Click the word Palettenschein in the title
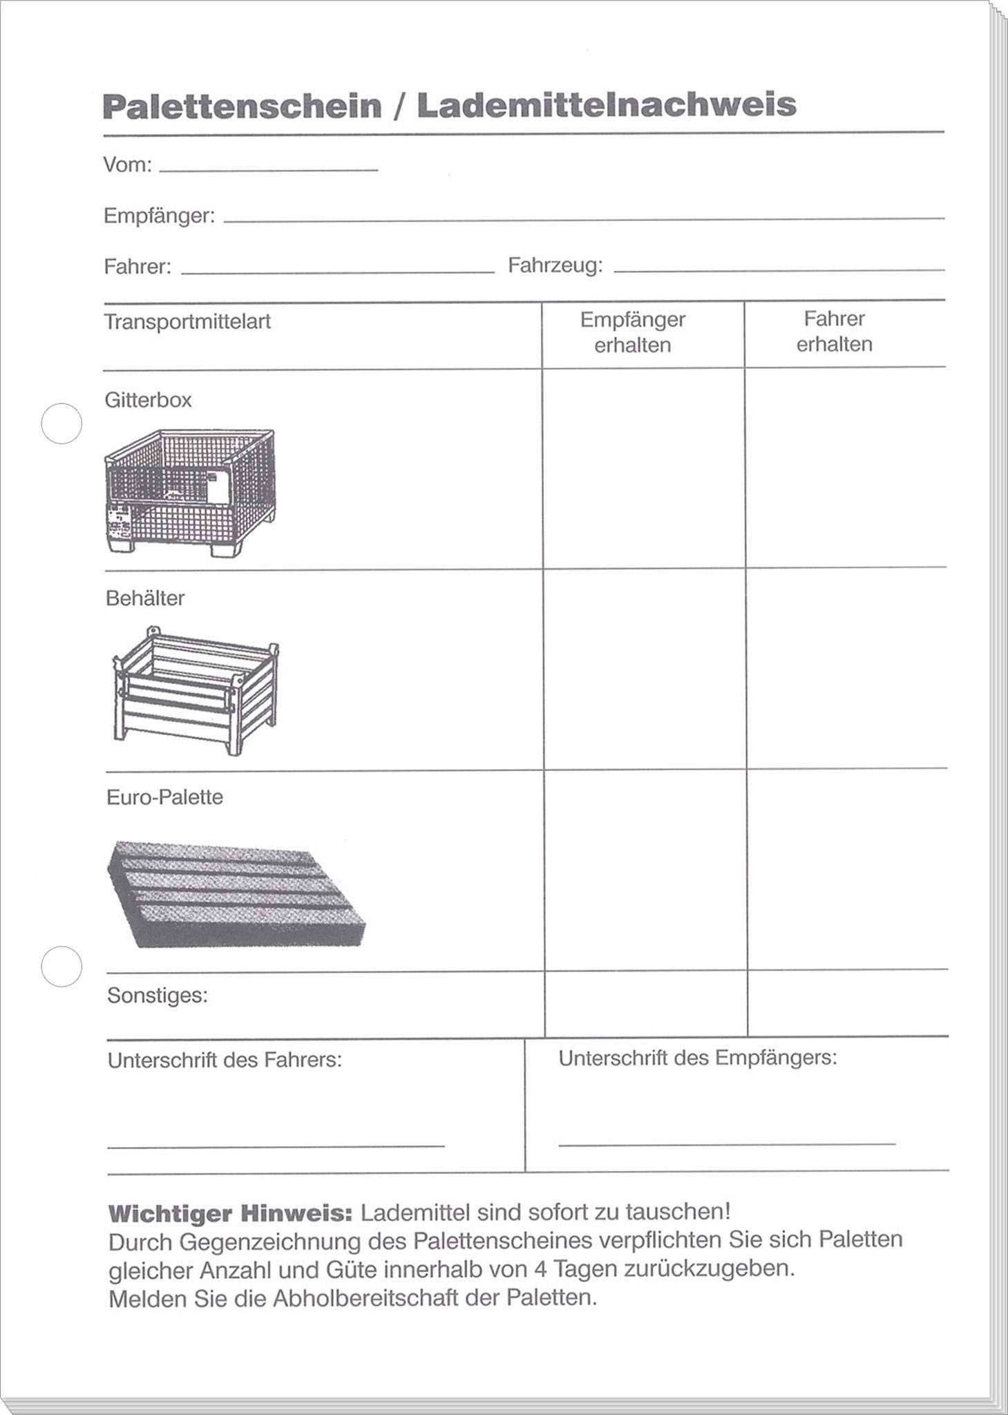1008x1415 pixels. coord(242,106)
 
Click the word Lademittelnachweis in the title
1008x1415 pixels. coord(607,106)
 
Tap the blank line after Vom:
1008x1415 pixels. coord(268,169)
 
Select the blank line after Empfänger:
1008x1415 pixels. coord(584,218)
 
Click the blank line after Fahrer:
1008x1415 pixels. coord(337,272)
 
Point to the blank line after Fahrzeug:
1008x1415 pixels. coord(779,269)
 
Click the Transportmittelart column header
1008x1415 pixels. coord(187,322)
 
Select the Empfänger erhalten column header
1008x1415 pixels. coord(632,332)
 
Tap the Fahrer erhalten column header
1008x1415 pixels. coord(834,332)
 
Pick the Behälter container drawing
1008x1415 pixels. coord(195,690)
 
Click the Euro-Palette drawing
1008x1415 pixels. coord(235,893)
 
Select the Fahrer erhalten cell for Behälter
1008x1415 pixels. coord(846,667)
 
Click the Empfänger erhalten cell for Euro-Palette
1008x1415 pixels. coord(645,868)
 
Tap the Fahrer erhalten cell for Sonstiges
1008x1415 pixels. coord(848,1003)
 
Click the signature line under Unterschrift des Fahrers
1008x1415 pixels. coord(276,1146)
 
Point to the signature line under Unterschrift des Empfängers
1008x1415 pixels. coord(726,1144)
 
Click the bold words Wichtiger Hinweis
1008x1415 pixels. coord(230,1213)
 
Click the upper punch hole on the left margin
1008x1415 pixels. coord(61,424)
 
